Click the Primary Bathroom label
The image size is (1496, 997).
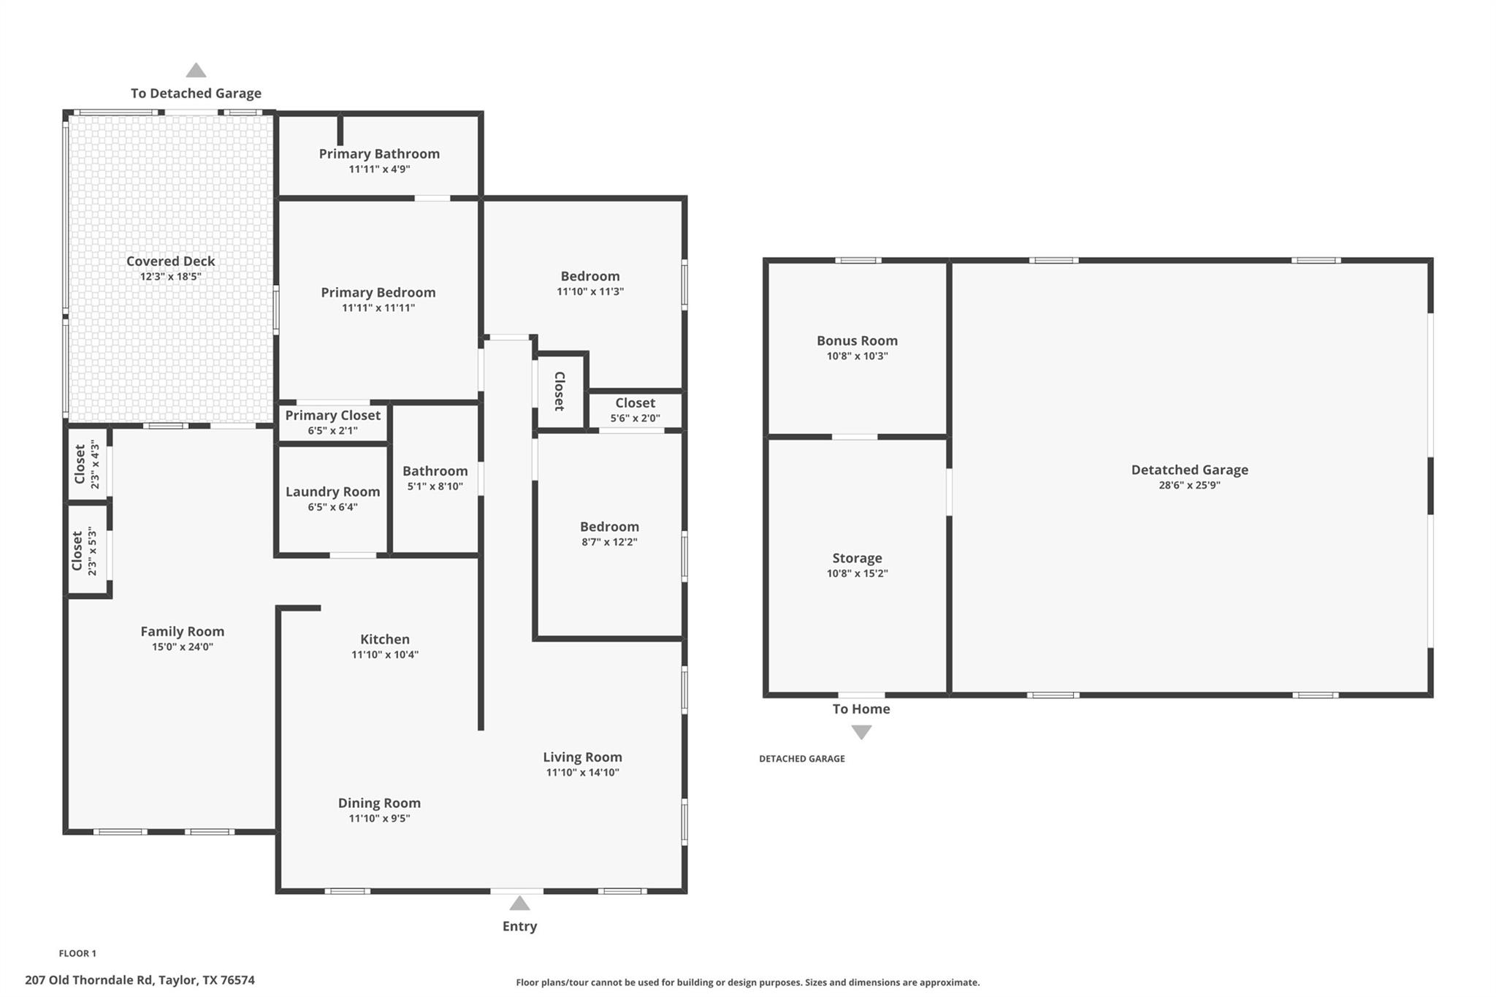coord(379,153)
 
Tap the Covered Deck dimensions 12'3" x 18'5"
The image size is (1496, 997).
coord(170,277)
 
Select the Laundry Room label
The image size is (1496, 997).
coord(332,492)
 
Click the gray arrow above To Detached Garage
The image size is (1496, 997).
coord(196,71)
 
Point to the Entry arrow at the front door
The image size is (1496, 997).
coord(519,904)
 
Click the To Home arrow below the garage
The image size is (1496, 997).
coord(861,732)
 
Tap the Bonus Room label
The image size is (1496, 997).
coord(857,340)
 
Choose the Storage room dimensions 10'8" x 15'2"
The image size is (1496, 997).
coord(857,573)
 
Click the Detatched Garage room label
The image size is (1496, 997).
coord(1189,470)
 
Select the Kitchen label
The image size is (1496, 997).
coord(385,639)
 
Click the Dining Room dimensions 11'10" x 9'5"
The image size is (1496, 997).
coord(379,818)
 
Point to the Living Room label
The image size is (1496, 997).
coord(582,757)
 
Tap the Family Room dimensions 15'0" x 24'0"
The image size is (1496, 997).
coord(182,646)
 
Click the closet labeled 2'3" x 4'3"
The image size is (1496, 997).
coord(86,464)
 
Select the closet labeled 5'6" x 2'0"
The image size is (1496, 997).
coord(635,410)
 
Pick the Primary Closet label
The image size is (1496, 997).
coord(332,415)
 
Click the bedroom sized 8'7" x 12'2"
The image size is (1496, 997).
coord(609,533)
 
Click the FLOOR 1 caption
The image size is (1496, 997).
coord(77,953)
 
